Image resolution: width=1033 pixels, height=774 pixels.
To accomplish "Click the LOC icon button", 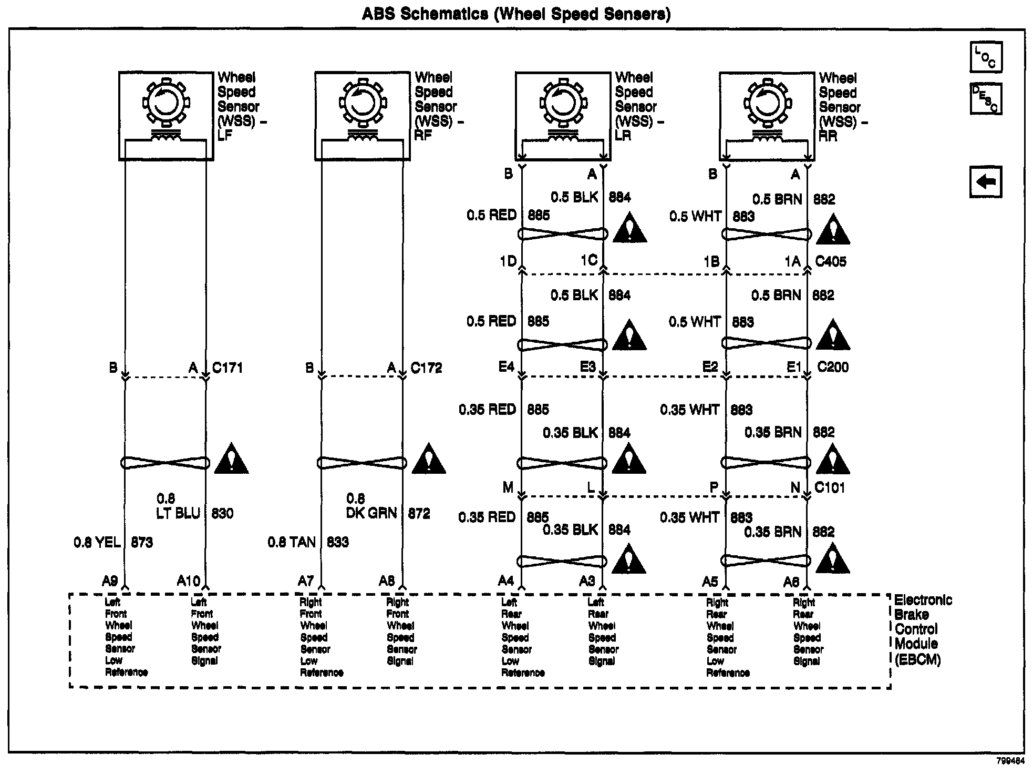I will pos(986,57).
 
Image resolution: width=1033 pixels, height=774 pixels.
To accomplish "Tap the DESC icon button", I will pos(986,98).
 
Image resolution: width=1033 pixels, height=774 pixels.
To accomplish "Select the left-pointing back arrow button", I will pos(986,182).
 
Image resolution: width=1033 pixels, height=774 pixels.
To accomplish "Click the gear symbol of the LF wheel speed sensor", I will pos(166,102).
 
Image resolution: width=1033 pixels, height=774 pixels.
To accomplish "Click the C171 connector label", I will pos(228,368).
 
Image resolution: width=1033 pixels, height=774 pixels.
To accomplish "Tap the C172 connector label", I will pos(426,368).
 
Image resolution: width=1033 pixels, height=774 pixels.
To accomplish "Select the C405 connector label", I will pos(831,261).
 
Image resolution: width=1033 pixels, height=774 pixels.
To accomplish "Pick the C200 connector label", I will pos(833,367).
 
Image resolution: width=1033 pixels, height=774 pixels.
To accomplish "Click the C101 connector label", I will pos(830,487).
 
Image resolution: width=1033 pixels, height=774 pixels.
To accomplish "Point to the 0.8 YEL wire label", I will pos(97,542).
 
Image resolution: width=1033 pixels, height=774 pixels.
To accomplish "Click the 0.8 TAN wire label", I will pos(292,542).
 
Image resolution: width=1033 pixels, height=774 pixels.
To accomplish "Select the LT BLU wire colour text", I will pos(179,513).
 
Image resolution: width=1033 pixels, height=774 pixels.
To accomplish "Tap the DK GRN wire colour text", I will pos(371,513).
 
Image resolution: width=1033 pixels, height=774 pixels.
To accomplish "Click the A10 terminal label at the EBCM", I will pos(189,581).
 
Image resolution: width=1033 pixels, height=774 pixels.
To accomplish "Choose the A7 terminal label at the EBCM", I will pos(306,581).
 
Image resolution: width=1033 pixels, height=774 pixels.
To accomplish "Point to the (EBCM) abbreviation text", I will pos(917,659).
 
